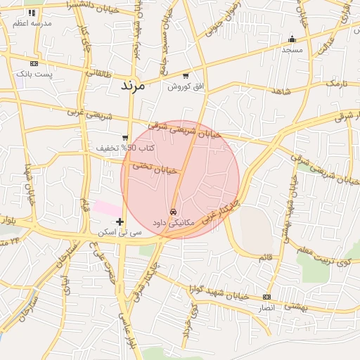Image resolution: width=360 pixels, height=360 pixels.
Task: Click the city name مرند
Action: [x=132, y=86]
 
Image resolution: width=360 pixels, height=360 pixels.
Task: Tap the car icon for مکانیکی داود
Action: [x=173, y=211]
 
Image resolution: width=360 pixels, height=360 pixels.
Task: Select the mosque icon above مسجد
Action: [x=292, y=39]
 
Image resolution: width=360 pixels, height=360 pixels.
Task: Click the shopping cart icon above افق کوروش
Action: [x=185, y=76]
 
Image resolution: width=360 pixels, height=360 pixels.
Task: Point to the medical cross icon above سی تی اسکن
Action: [x=120, y=221]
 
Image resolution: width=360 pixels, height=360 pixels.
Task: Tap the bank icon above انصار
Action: [x=266, y=297]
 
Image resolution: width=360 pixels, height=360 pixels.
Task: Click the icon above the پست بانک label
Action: [x=34, y=63]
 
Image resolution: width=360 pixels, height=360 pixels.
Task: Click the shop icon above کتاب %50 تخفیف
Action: [x=125, y=138]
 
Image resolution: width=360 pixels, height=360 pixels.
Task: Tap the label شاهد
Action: [x=281, y=92]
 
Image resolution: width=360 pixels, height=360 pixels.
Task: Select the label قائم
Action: [x=265, y=257]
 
